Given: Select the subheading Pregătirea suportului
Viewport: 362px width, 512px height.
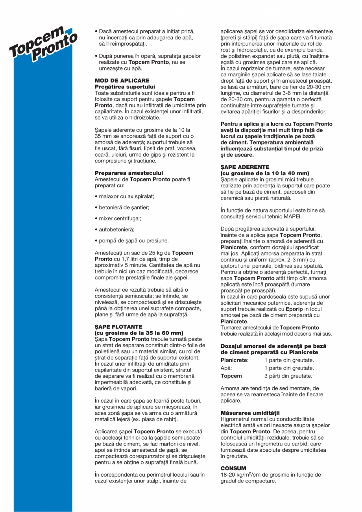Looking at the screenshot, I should tap(125, 86).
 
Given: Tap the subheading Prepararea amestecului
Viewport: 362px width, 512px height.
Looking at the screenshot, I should tap(129, 173).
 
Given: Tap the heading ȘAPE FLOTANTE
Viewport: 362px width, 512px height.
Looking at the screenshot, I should tap(119, 327).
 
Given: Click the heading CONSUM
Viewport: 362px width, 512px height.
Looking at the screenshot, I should tap(233, 468).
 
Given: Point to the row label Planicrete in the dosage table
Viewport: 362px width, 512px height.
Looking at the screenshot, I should tap(235, 360).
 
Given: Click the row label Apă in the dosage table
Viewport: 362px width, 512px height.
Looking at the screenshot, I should tap(226, 368).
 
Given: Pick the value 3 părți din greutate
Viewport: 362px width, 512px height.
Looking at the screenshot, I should tap(289, 376).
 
